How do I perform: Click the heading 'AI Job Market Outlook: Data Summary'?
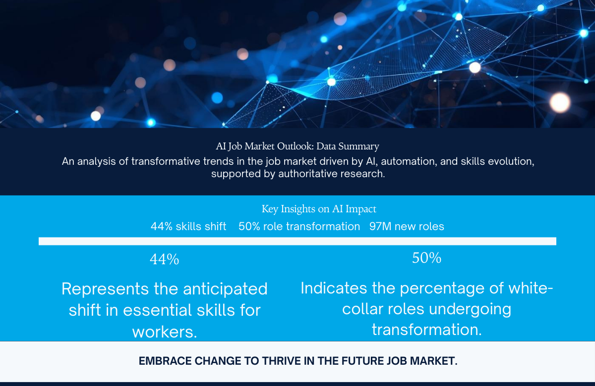(x=297, y=146)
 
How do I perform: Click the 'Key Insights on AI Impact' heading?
(x=318, y=209)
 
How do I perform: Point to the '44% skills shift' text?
(x=188, y=227)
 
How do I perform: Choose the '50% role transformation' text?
(x=299, y=227)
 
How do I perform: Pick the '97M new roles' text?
(x=407, y=227)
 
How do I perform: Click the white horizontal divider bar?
(x=297, y=241)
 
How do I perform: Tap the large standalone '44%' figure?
(x=164, y=259)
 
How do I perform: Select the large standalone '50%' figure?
(x=426, y=258)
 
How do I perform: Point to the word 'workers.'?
(x=164, y=332)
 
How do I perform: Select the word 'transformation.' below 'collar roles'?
(x=426, y=330)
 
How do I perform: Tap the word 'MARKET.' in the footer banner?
(x=434, y=361)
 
